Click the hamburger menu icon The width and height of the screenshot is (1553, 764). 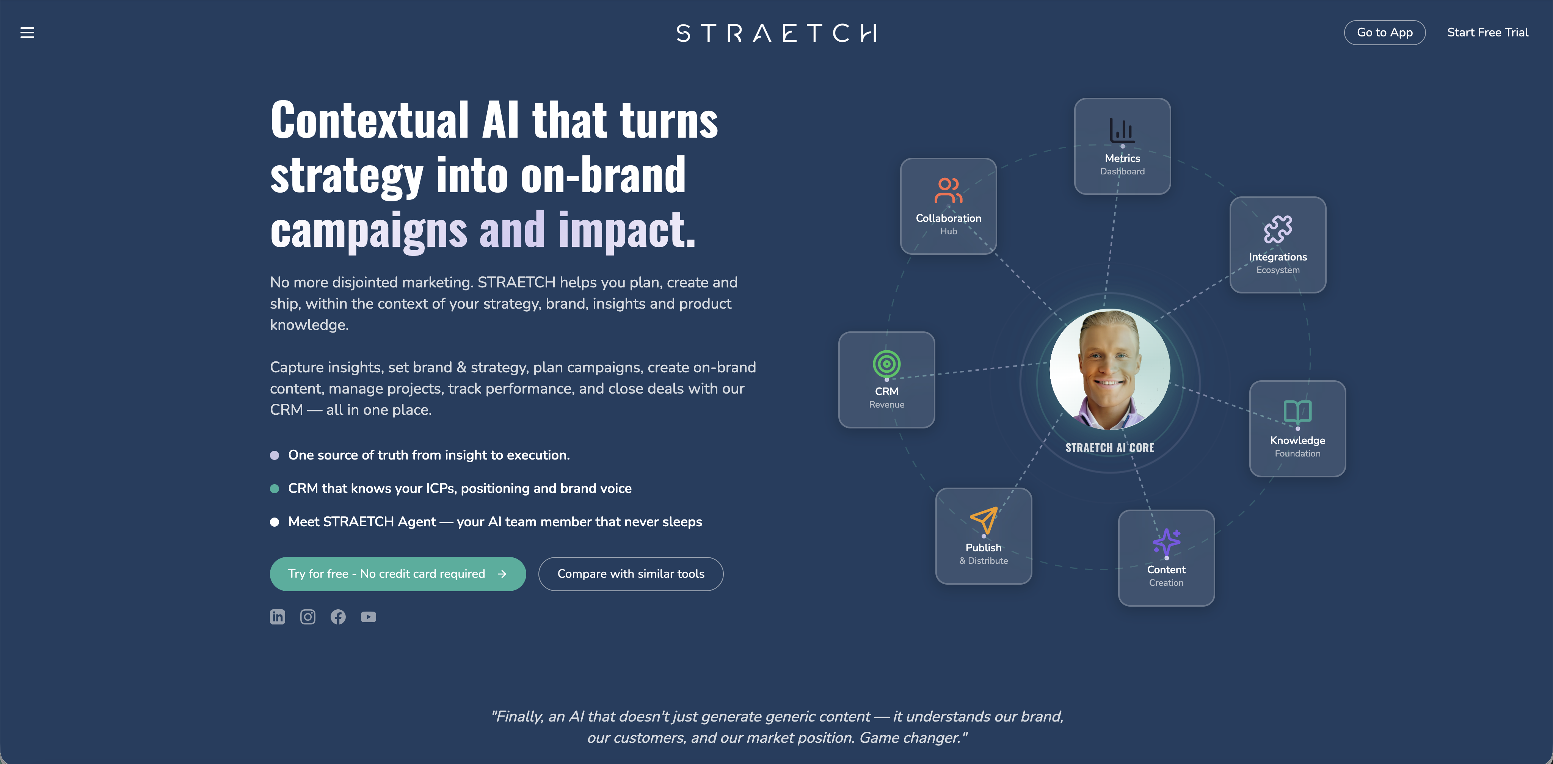point(27,33)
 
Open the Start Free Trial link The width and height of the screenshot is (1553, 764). point(1487,33)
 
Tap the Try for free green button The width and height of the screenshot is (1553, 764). point(397,573)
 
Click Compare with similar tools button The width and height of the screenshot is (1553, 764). point(631,573)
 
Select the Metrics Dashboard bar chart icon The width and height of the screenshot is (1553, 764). point(1122,130)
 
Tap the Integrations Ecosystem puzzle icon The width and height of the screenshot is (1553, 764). point(1277,229)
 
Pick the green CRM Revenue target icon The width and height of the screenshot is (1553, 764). point(886,364)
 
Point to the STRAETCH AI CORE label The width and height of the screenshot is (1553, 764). point(1109,447)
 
